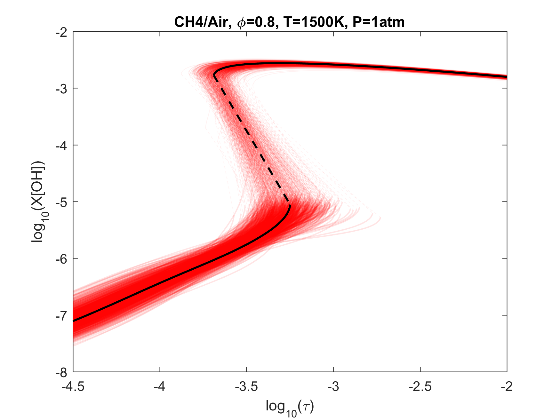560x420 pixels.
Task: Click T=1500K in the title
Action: pos(313,22)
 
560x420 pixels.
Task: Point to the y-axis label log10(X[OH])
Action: pos(38,202)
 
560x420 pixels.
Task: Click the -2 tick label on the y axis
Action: pos(62,32)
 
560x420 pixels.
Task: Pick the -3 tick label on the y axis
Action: pos(62,89)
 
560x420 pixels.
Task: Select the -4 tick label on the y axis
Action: pos(62,145)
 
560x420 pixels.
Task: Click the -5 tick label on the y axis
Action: pos(62,202)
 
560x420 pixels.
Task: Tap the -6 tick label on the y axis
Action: pos(62,258)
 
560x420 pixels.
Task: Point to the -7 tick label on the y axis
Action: pos(62,315)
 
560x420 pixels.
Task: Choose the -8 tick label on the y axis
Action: pos(62,372)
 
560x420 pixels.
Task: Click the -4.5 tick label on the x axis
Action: pos(73,387)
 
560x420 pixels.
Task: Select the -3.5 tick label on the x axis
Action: pos(246,387)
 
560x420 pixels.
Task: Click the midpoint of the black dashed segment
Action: pos(252,140)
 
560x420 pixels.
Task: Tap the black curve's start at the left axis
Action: pos(74,321)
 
